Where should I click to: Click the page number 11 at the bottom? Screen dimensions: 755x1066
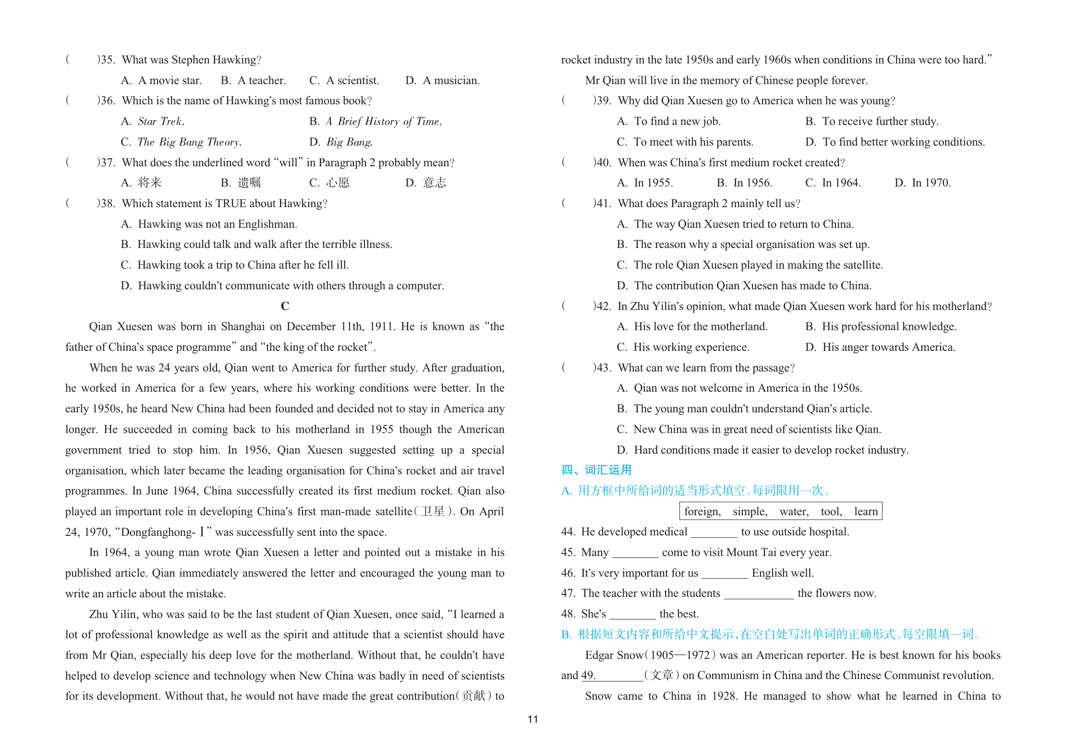click(x=533, y=719)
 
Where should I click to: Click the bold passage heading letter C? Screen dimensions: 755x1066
click(x=285, y=306)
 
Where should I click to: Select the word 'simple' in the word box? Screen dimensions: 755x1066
click(x=750, y=511)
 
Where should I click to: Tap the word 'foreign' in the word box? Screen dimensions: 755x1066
click(x=702, y=511)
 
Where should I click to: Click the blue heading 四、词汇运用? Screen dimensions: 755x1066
click(x=596, y=470)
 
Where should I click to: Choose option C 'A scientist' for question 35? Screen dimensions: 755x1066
click(x=344, y=80)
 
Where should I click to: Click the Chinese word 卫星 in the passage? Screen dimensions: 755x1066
click(x=432, y=511)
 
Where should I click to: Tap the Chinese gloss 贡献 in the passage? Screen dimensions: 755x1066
click(x=474, y=696)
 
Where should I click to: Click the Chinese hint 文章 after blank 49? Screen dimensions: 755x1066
click(x=662, y=675)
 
